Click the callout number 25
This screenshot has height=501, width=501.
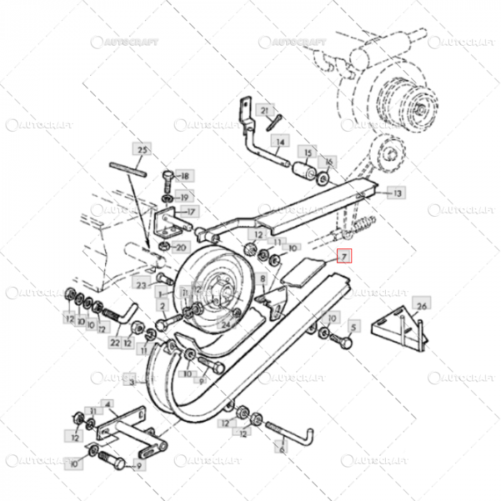tap(142, 150)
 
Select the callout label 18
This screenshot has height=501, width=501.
tap(185, 176)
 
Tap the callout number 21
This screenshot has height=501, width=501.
tap(265, 110)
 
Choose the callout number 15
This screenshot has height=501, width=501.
tap(308, 153)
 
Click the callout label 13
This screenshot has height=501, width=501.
tap(397, 193)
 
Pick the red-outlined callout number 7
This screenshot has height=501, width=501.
tap(344, 256)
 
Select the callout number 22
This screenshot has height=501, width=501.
tap(115, 343)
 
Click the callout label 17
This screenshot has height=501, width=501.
tap(190, 211)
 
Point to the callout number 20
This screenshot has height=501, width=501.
tap(180, 248)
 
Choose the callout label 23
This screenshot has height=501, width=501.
tap(141, 285)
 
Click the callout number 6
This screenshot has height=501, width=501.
tap(282, 449)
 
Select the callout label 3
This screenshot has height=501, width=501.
tap(132, 381)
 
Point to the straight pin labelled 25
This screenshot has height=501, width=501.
tap(129, 167)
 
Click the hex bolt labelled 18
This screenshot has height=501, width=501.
tap(166, 176)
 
